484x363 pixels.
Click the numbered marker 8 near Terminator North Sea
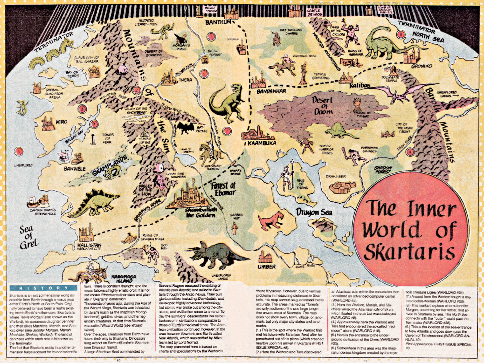[x=401, y=34]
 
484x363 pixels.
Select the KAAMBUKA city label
[x=262, y=143]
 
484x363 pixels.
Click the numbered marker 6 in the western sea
[x=18, y=152]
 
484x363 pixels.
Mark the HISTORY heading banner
[x=43, y=288]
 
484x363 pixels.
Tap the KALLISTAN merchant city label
[x=89, y=245]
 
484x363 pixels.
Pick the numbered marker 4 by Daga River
[x=410, y=152]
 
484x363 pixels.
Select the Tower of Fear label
[x=108, y=138]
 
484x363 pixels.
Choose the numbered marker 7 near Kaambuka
[x=227, y=131]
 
